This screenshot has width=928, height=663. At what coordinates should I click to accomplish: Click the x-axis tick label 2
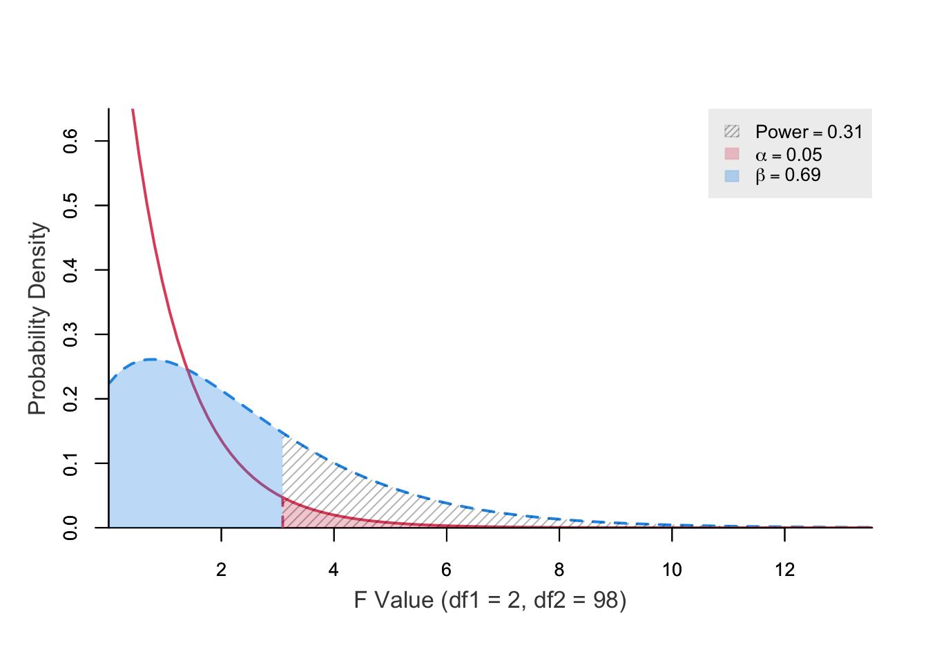click(x=221, y=570)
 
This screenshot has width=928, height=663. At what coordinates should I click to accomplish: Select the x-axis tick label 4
click(x=333, y=570)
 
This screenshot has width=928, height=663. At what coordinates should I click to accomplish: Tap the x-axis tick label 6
click(x=447, y=570)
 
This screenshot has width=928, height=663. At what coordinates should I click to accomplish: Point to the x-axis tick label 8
click(x=559, y=570)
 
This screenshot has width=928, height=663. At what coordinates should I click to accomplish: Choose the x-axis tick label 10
click(x=672, y=570)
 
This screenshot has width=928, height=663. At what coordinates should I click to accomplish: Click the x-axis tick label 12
click(x=784, y=570)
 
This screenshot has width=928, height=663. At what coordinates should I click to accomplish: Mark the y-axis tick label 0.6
click(x=70, y=141)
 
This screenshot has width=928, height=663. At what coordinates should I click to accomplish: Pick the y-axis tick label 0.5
click(x=70, y=206)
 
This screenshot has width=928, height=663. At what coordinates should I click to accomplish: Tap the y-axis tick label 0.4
click(x=70, y=270)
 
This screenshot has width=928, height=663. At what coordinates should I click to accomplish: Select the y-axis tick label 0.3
click(x=70, y=334)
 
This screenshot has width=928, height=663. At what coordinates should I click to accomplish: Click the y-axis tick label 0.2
click(x=70, y=398)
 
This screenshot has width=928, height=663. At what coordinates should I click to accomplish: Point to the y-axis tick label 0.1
click(x=70, y=463)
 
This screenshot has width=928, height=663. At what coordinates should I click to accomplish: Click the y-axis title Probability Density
click(x=37, y=318)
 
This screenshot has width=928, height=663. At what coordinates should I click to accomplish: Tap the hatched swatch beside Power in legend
click(x=732, y=131)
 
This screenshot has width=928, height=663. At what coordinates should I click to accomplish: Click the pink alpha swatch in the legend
click(x=732, y=153)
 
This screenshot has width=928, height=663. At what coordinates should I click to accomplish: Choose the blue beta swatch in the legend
click(x=732, y=175)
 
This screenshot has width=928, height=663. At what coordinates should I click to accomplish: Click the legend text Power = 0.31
click(x=809, y=132)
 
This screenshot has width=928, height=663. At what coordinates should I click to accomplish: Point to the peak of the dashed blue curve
click(x=151, y=359)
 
